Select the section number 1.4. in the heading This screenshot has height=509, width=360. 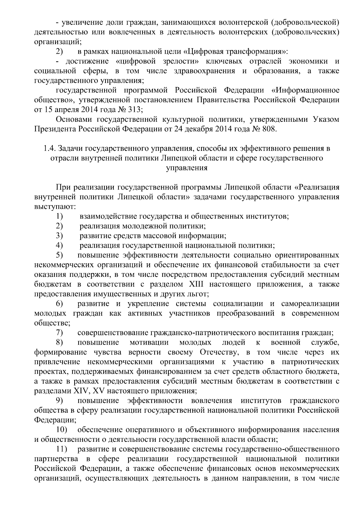coord(49,148)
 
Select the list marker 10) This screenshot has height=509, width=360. coord(61,430)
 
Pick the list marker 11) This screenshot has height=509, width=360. coord(61,449)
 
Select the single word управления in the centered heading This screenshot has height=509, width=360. coord(187,168)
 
